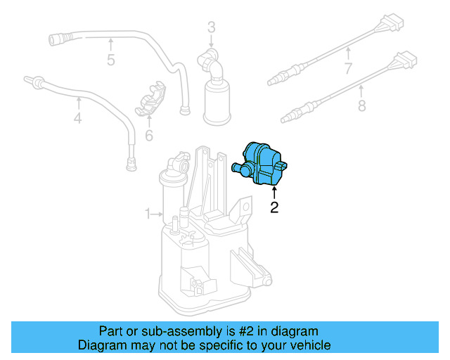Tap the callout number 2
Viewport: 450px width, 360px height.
(274, 207)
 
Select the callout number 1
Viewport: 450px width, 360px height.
(148, 213)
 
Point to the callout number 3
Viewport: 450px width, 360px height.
(211, 27)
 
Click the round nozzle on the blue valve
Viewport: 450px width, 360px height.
(238, 168)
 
